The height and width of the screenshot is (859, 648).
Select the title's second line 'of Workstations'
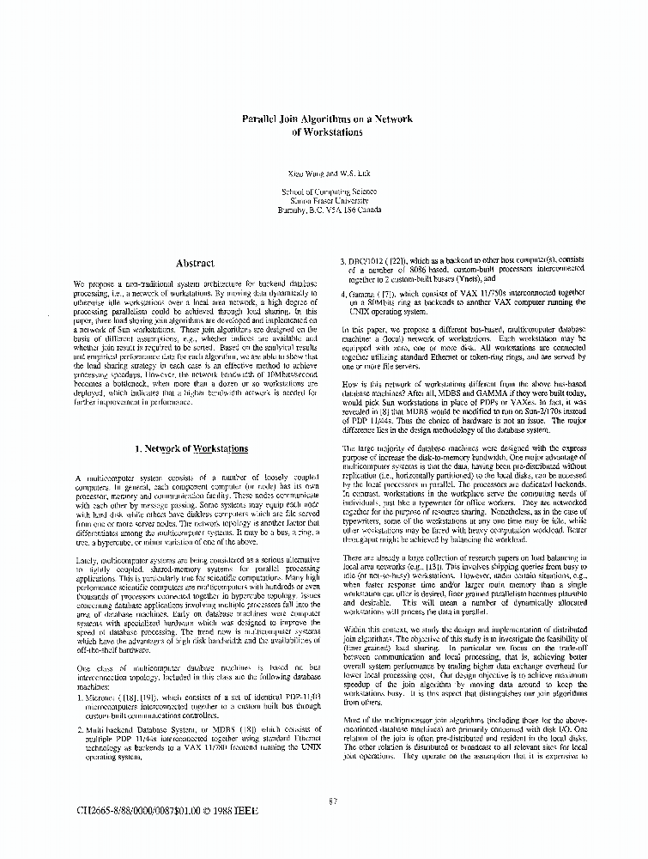(x=327, y=133)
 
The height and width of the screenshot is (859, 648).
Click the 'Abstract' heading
(x=195, y=264)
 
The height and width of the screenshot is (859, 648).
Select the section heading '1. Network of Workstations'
(x=191, y=448)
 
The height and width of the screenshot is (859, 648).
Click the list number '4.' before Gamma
(x=344, y=293)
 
